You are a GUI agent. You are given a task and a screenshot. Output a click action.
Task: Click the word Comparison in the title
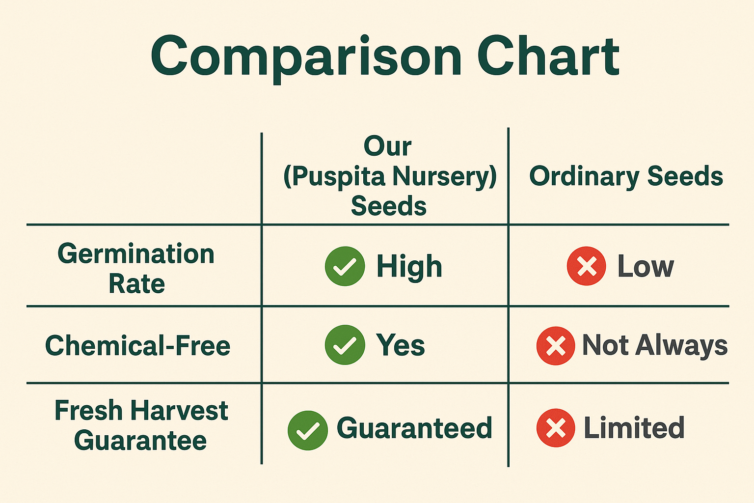pos(306,57)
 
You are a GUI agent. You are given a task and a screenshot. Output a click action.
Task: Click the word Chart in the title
pos(548,56)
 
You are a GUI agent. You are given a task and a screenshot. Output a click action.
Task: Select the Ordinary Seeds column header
pos(626,176)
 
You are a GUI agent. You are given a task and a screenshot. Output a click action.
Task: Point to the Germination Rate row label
pos(136,268)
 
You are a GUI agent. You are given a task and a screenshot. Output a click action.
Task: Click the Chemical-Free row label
pos(137,346)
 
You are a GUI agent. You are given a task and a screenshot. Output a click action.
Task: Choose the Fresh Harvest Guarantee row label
pos(141,425)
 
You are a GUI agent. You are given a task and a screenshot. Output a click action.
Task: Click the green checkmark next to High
pos(345,266)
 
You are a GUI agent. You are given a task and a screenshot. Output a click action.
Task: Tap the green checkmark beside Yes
pos(345,345)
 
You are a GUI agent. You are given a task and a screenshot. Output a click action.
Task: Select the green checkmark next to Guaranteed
pos(308,430)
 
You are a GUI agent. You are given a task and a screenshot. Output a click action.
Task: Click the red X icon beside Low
pos(587,266)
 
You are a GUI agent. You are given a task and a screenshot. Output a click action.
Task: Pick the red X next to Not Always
pos(556,346)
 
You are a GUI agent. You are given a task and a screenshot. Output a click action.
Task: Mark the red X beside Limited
pos(556,427)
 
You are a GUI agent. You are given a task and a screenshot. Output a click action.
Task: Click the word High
pos(409,267)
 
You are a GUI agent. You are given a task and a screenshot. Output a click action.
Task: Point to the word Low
pos(646,266)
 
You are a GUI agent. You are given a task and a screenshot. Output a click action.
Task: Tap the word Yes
pos(400,345)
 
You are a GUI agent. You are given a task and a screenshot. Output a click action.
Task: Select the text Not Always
pos(655,346)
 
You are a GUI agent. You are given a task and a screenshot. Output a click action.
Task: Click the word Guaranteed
pos(414,427)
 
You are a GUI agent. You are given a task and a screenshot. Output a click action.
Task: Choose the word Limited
pos(634,427)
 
